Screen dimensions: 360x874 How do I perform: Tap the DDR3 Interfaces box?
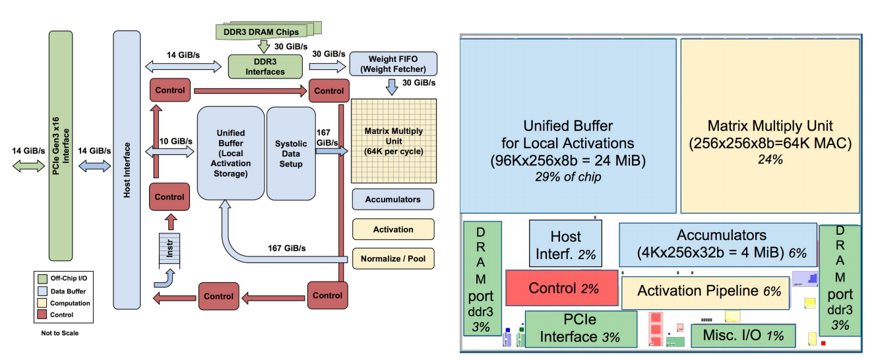[x=265, y=67]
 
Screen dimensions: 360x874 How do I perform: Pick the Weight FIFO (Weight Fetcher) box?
[x=393, y=64]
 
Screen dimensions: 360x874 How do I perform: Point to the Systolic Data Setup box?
[x=291, y=152]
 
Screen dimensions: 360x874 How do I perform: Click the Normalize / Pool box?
[x=393, y=258]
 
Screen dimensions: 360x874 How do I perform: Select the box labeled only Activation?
[x=393, y=229]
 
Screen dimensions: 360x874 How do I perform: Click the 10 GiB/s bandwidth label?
[x=176, y=141]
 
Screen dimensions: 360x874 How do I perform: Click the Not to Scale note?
[x=59, y=332]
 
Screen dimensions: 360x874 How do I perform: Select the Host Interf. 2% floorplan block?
[x=565, y=243]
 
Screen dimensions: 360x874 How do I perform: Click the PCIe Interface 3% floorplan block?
[x=580, y=328]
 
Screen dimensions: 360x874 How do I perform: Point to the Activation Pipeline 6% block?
[x=705, y=291]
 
